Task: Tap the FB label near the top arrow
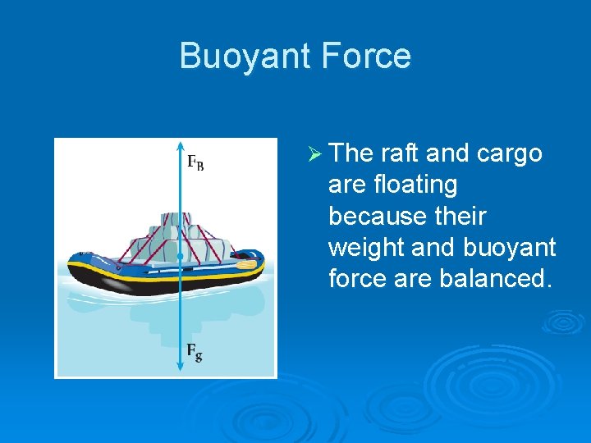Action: point(195,162)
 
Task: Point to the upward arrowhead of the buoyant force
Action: point(179,146)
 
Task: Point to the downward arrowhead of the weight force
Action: point(179,369)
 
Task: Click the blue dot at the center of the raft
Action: point(179,258)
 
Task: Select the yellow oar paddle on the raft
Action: point(246,265)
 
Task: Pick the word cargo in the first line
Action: point(511,153)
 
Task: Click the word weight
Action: point(368,247)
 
